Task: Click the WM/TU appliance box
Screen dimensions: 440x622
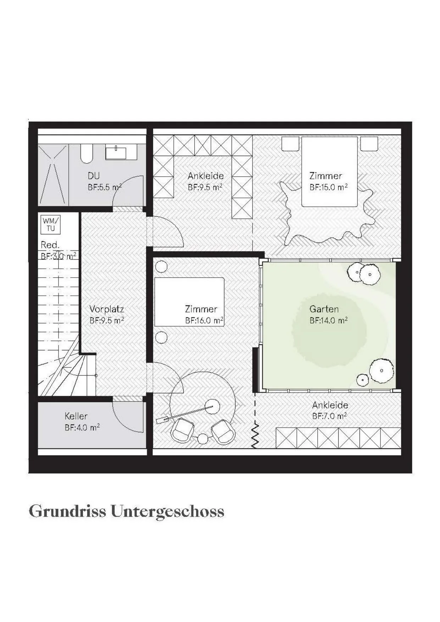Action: (51, 224)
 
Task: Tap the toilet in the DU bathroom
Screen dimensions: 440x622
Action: (87, 153)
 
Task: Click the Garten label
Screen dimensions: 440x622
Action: (324, 309)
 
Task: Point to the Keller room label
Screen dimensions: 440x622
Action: (76, 416)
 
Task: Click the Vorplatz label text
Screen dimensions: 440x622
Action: (106, 309)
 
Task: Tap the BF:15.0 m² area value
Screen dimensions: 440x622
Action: (328, 187)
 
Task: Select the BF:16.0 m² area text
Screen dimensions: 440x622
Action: (204, 321)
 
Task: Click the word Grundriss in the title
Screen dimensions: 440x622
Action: (67, 511)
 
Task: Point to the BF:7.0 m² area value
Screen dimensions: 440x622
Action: (329, 416)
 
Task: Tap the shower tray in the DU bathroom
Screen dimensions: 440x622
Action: (53, 174)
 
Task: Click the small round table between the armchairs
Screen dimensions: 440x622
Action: (202, 439)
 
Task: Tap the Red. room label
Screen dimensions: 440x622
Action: (50, 245)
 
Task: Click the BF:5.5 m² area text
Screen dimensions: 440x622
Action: (105, 187)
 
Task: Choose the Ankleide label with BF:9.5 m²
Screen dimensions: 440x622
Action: (206, 176)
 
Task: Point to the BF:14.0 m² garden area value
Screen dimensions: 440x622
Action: (328, 321)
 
